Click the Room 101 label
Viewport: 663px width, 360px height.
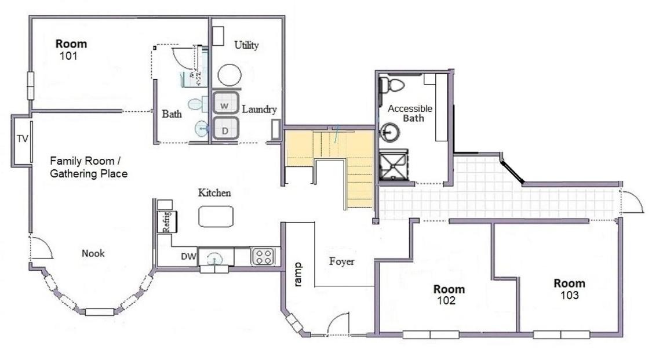(x=71, y=49)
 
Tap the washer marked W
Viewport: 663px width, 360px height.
(x=225, y=103)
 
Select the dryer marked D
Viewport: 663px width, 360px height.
(x=225, y=128)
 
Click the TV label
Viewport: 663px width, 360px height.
(x=23, y=139)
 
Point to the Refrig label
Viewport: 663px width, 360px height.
(x=166, y=221)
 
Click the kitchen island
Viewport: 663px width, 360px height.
(x=216, y=216)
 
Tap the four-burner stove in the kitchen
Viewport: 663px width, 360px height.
(x=263, y=256)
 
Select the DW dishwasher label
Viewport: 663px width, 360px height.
(x=188, y=256)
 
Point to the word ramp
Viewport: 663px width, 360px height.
(x=298, y=275)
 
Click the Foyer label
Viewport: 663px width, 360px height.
(x=342, y=261)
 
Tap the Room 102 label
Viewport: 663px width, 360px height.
(x=449, y=295)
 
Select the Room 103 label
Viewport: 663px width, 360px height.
(x=570, y=289)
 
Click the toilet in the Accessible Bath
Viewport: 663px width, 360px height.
(x=392, y=85)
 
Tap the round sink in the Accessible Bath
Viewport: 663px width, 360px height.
(x=389, y=132)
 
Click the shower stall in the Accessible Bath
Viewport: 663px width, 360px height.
(x=394, y=166)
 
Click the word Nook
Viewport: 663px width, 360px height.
(x=93, y=253)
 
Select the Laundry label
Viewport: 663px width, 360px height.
(x=259, y=110)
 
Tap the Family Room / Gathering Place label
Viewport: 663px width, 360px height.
(x=89, y=167)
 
